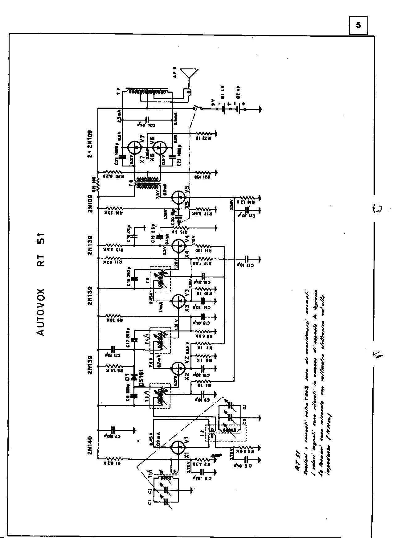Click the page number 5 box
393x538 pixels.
(x=358, y=26)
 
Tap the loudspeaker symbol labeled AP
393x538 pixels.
(x=189, y=74)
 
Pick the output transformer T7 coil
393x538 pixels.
(x=147, y=92)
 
